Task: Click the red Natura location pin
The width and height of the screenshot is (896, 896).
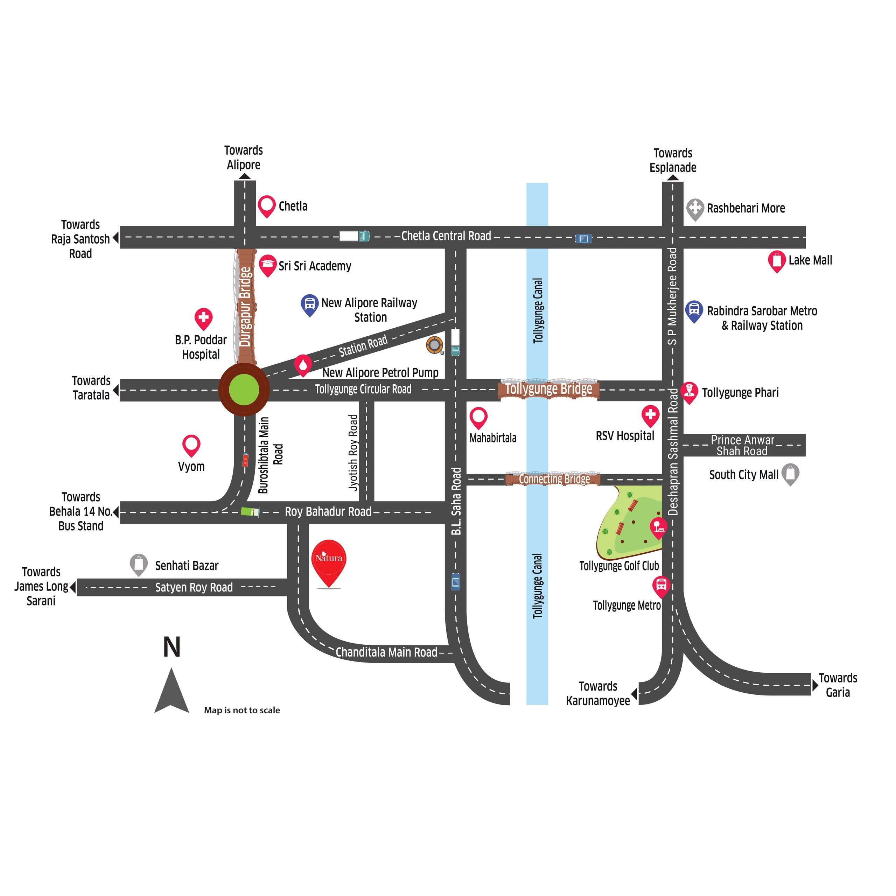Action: point(328,561)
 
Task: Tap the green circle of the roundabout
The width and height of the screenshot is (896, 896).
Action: point(244,390)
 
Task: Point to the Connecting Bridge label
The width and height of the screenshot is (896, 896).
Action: point(554,479)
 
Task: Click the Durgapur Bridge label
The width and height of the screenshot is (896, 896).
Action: point(245,307)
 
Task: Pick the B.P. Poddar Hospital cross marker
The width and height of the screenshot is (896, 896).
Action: point(203,318)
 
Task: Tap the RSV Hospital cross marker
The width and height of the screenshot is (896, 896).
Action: point(650,415)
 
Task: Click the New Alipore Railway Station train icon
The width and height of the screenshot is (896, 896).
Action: point(309,304)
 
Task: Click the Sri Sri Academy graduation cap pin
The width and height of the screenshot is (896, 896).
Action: point(267,264)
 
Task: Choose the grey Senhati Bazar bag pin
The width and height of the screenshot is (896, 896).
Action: point(138,563)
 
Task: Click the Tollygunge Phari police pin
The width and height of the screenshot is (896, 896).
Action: point(689,392)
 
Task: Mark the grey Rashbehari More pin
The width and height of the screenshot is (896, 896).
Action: point(695,208)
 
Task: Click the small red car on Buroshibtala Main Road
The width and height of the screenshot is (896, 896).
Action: point(245,460)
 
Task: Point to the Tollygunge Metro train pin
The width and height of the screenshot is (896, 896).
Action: point(661,586)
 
